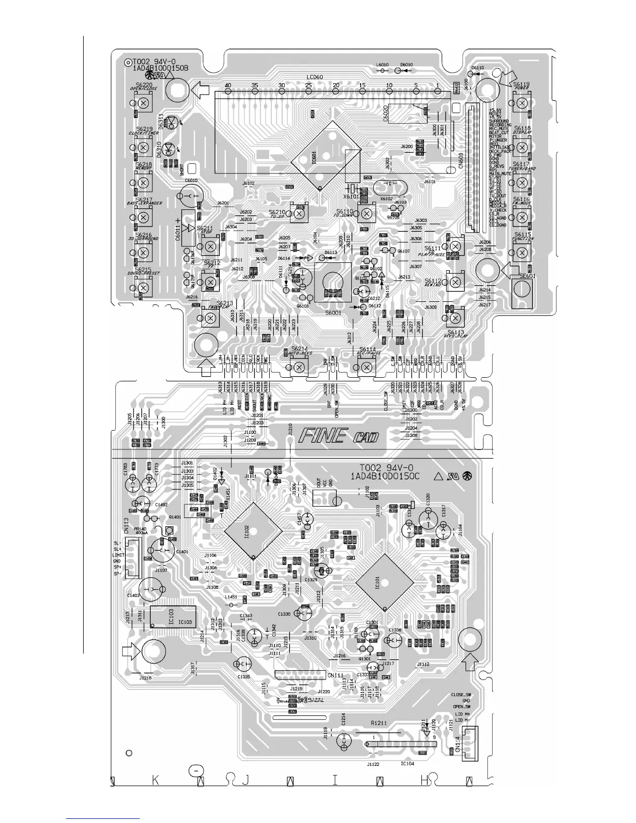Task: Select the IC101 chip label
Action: pyautogui.click(x=377, y=582)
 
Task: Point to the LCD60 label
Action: pyautogui.click(x=314, y=77)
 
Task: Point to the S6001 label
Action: pyautogui.click(x=334, y=313)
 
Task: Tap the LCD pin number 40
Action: pyautogui.click(x=228, y=85)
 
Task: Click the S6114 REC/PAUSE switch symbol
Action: pyautogui.click(x=367, y=367)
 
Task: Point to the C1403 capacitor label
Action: pyautogui.click(x=133, y=595)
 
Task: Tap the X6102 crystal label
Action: pyautogui.click(x=386, y=198)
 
